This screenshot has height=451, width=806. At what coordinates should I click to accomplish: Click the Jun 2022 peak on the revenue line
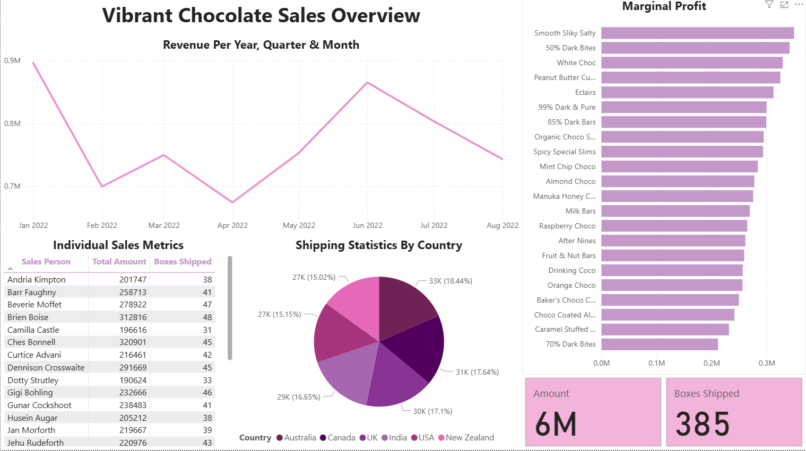[367, 83]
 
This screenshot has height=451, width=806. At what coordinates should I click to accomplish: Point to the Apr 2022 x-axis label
[232, 225]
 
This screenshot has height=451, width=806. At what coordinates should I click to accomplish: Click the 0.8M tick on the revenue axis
[12, 123]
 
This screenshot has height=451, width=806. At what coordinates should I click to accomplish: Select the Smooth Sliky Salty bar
[697, 33]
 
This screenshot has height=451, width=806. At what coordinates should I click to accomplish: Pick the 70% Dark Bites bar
[659, 344]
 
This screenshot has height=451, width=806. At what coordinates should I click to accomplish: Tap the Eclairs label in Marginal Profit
[585, 92]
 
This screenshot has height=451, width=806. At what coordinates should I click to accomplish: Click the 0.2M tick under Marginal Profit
[712, 363]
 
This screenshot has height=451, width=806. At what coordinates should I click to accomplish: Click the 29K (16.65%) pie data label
[299, 397]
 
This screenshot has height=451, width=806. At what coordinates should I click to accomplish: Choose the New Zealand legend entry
[469, 438]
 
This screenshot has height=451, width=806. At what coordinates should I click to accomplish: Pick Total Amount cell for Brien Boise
[133, 317]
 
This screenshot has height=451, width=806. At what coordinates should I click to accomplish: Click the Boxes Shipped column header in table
[183, 262]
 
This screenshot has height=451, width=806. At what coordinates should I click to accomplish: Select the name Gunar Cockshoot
[39, 405]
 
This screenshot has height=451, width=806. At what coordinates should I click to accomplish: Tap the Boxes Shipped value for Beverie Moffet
[207, 305]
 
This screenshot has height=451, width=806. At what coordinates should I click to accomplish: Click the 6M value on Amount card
[556, 424]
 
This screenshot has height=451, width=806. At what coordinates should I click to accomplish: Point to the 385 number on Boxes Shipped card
[703, 424]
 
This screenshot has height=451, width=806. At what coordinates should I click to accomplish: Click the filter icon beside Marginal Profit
[769, 5]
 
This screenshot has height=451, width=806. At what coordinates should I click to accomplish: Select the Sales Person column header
[46, 262]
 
